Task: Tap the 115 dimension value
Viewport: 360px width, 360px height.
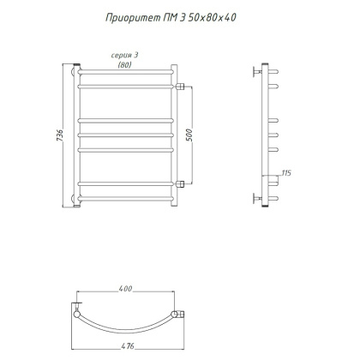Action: (286, 174)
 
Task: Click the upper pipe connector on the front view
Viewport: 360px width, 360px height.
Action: (183, 86)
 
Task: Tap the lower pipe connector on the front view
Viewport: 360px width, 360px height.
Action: (183, 183)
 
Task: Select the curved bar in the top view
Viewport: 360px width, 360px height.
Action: (128, 330)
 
